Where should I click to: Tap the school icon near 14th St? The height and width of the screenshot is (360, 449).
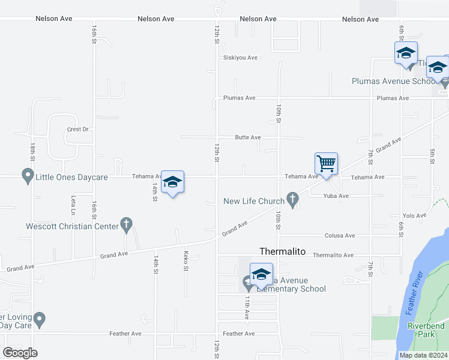pos(172,182)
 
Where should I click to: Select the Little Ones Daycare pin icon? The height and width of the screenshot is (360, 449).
pos(27,177)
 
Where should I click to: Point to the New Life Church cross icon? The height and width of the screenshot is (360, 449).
pos(292,201)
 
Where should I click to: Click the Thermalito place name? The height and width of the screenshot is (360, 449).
pos(283,252)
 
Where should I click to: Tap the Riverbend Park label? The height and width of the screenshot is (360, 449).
pos(426,329)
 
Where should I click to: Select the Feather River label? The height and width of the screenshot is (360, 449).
pos(415,293)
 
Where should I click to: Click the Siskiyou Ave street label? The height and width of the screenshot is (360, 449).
pos(240,58)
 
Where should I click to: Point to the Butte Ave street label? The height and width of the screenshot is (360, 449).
pos(248,137)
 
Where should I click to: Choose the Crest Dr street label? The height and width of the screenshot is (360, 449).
pos(78,129)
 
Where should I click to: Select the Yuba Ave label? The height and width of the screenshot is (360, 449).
pos(336,196)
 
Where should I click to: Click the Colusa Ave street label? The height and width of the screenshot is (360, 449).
pos(340,236)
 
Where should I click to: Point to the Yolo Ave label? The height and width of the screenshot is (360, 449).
pos(414,215)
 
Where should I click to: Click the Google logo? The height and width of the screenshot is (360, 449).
pos(20,353)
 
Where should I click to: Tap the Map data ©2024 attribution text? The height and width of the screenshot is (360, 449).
pos(423,355)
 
